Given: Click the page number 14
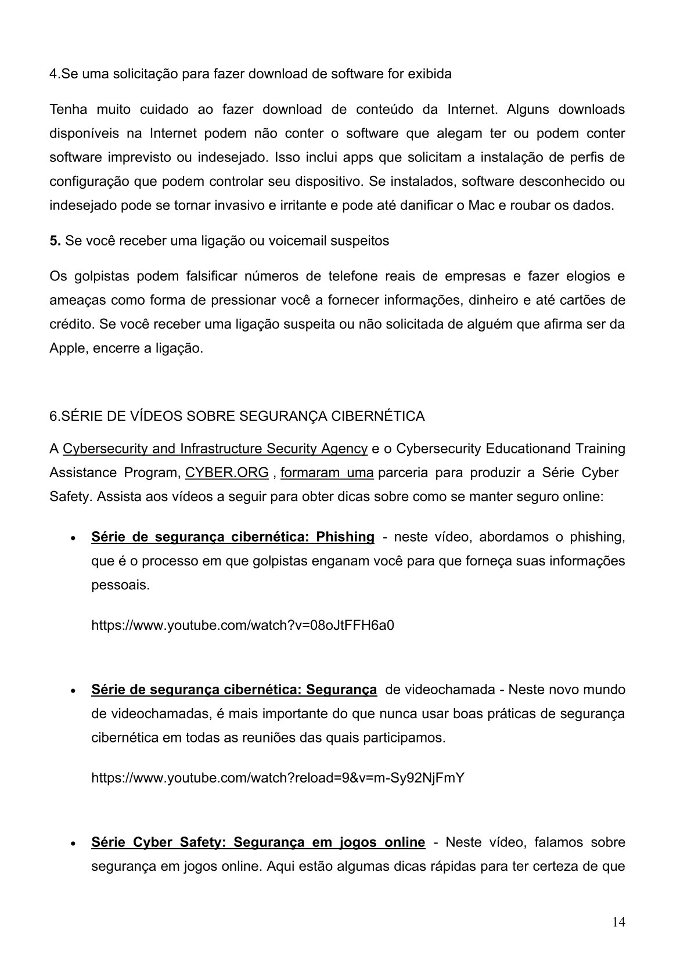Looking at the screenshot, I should click(618, 922).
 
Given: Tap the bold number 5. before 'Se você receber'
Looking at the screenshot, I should click(55, 241).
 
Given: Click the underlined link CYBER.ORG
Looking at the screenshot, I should click(227, 473).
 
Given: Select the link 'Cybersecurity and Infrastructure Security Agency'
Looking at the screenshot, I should click(215, 449).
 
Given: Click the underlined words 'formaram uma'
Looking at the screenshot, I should click(327, 473).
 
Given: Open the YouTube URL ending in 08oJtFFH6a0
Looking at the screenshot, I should click(243, 625).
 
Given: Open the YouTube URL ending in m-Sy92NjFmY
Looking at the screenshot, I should click(278, 778).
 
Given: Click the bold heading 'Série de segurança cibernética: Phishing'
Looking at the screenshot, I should click(233, 537).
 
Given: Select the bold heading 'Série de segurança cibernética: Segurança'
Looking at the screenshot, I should click(234, 690).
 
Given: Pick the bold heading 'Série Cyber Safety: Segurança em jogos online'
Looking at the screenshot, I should click(258, 842).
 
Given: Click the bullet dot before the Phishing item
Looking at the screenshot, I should click(71, 538).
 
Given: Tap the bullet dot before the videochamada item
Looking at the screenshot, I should click(71, 691).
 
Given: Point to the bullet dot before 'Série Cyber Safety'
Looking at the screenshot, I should click(71, 843).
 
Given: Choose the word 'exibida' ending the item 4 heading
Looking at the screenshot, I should click(430, 74).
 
